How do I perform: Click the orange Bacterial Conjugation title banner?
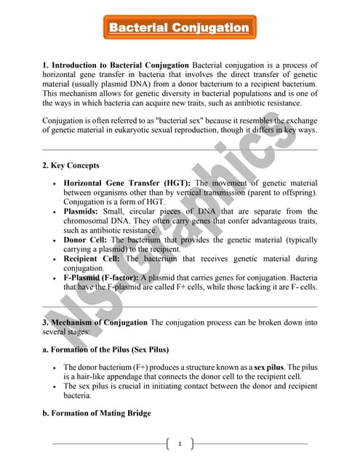[179, 28]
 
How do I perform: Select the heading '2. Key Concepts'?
[70, 165]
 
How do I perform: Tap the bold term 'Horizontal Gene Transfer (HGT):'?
[127, 183]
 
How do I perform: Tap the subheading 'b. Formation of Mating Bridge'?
[97, 413]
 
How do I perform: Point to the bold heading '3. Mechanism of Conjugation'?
[95, 322]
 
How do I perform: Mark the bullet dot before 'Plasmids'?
[55, 211]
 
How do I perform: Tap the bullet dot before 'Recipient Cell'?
[55, 258]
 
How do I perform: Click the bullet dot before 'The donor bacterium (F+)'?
[55, 368]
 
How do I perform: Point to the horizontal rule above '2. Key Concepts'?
[180, 150]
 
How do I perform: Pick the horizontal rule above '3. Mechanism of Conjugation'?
[180, 307]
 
